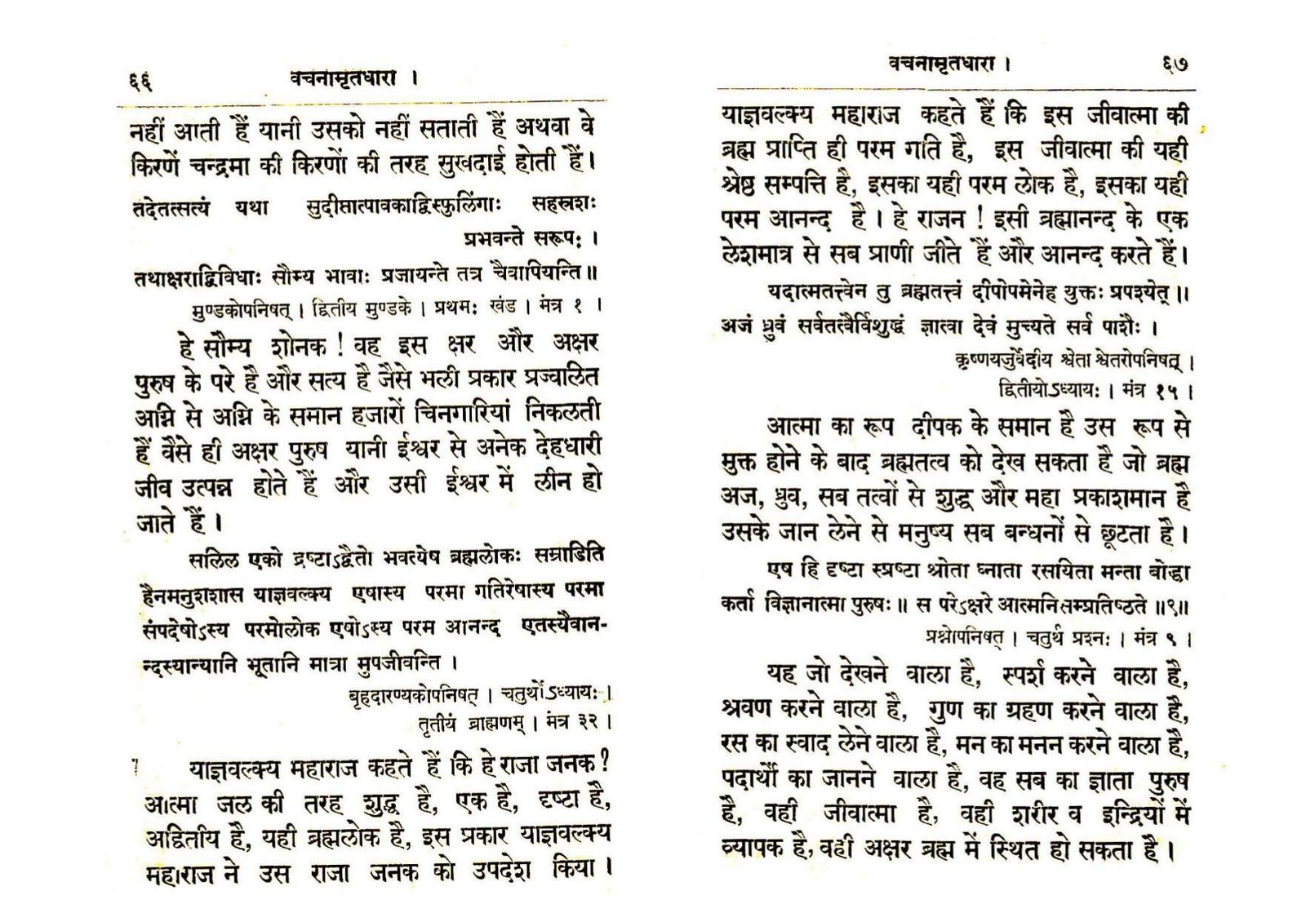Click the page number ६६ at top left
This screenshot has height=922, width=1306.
(141, 82)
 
